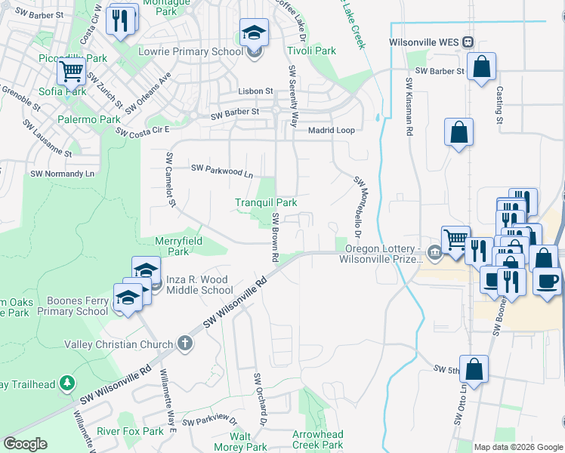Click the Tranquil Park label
265,202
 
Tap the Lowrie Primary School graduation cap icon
255,34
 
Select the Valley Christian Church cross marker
185,344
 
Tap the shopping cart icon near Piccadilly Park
71,72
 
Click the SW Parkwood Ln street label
221,171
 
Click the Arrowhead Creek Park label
318,439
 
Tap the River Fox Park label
131,431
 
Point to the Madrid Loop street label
331,130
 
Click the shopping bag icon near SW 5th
474,371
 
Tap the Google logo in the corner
25,444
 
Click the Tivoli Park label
311,51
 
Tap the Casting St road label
499,104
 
